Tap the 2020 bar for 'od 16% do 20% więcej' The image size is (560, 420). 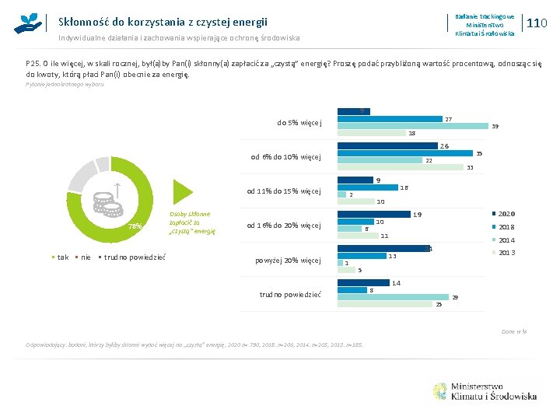374,214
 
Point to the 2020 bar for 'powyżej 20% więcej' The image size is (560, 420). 383,249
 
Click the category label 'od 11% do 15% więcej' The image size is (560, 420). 284,191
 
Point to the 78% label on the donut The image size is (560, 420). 135,226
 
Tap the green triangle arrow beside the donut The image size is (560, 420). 181,191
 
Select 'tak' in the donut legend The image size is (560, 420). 59,257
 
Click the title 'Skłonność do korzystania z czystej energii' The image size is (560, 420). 163,23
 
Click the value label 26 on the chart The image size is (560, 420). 444,146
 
